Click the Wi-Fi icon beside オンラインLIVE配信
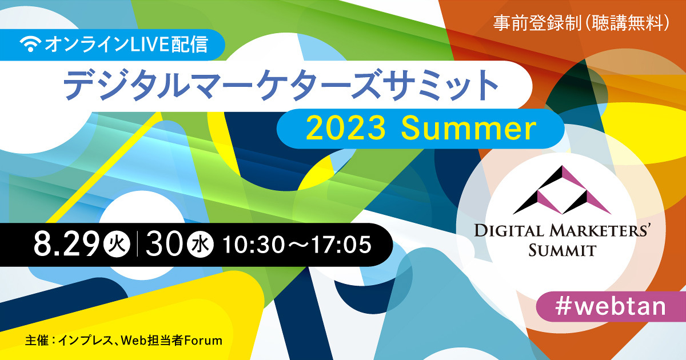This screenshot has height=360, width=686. tap(30, 44)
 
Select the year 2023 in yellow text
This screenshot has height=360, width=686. tap(346, 129)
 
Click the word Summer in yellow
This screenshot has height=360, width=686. tap(469, 129)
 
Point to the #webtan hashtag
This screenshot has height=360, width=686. tap(611, 306)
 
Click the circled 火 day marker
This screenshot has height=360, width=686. tap(117, 245)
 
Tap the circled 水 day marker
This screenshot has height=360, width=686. tap(200, 245)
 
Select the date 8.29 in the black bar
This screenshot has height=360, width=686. tap(67, 245)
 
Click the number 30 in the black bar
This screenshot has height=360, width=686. tap(164, 245)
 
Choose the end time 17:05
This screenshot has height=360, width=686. tap(341, 245)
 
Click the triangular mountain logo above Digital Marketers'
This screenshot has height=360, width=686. tap(562, 190)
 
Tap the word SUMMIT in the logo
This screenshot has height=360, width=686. tap(562, 250)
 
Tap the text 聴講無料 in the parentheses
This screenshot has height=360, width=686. tap(628, 23)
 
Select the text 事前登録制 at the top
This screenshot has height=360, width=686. tap(537, 23)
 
